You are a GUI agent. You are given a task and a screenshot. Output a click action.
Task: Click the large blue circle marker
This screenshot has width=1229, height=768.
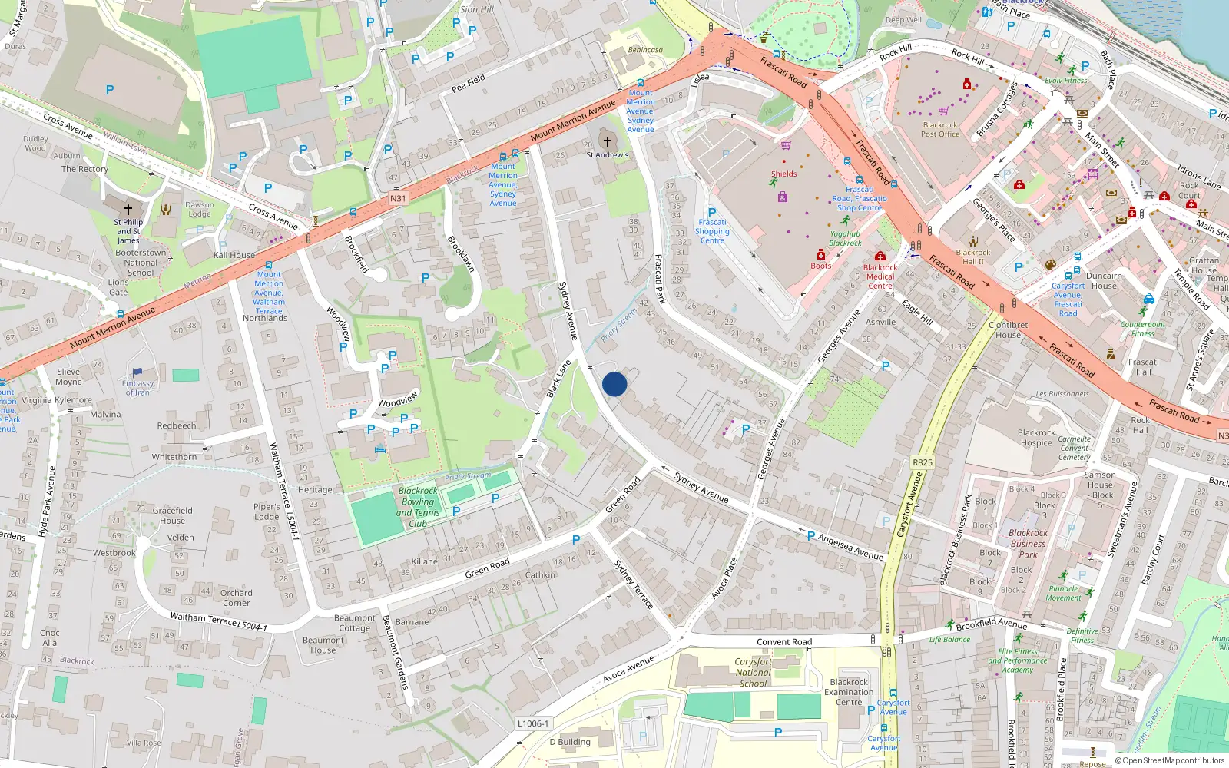point(614,384)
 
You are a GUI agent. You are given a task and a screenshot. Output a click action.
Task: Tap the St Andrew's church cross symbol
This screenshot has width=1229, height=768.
point(608,141)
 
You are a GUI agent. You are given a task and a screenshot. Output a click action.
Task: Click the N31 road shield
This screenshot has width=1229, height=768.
point(397,198)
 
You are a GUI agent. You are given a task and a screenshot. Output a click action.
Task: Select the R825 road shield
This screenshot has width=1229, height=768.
point(923,462)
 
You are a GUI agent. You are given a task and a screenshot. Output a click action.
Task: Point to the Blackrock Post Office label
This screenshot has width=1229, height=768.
point(940,130)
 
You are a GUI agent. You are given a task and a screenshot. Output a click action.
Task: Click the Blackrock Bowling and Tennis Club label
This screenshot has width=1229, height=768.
point(418,507)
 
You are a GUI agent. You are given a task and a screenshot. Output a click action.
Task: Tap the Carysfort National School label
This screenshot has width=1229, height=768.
point(753,672)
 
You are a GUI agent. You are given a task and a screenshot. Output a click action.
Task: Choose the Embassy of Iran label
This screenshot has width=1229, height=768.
point(138,388)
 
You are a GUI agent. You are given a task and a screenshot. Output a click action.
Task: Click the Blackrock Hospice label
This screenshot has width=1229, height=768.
point(1036,438)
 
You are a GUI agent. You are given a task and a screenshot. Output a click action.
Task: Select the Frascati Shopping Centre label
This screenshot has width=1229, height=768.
point(712,231)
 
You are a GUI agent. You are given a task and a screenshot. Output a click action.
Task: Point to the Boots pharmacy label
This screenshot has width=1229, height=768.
point(821,266)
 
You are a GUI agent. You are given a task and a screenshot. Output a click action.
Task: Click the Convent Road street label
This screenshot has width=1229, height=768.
point(783,642)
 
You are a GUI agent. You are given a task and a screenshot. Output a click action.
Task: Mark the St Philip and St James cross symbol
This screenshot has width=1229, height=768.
point(128,209)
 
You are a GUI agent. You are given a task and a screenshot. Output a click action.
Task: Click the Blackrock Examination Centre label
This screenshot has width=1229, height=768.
point(849,692)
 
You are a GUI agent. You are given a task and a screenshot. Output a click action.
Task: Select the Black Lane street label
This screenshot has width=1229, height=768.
point(558,379)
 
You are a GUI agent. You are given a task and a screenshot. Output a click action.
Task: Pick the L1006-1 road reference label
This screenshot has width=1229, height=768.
point(533,723)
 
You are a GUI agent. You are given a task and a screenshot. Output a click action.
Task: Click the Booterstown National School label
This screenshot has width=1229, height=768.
point(141,263)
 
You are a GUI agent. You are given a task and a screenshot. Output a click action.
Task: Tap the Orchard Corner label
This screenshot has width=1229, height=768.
point(236,598)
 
